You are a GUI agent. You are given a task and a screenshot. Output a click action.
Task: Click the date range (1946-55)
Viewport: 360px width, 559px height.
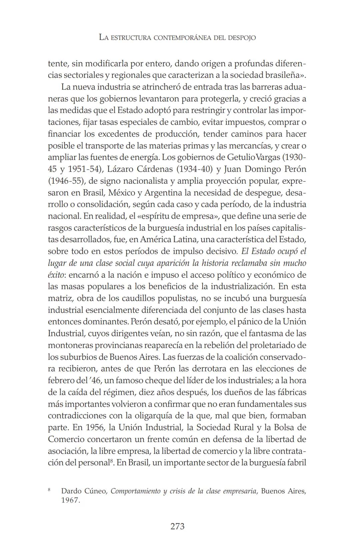coord(65,181)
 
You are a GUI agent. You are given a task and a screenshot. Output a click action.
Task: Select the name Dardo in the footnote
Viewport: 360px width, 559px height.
coord(71,491)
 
